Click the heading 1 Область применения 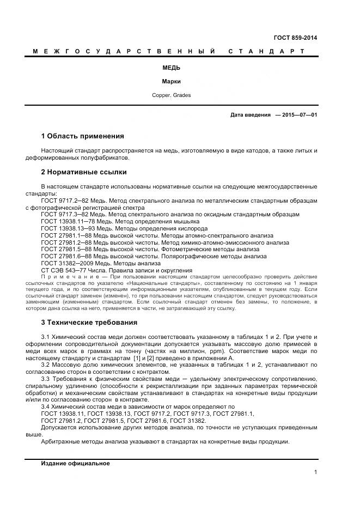coord(82,136)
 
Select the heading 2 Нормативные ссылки coord(83,172)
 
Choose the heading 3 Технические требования coord(89,322)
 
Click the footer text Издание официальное coord(75,463)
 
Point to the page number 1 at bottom coord(315,472)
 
